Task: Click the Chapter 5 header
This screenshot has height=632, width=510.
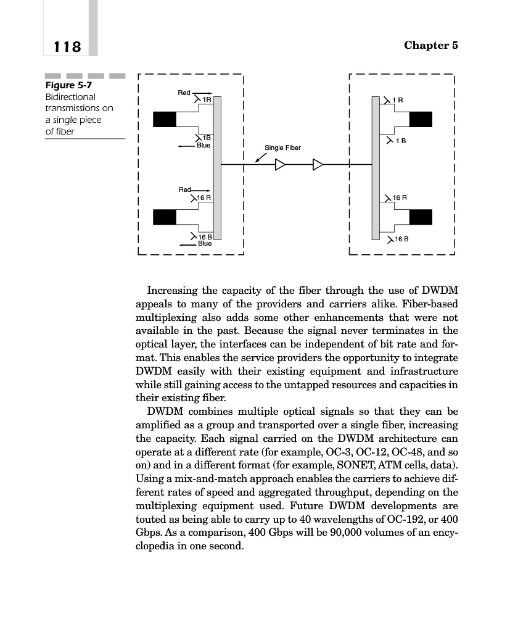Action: (431, 46)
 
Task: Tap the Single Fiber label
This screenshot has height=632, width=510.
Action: (282, 148)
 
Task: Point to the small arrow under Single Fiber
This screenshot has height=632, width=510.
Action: (261, 159)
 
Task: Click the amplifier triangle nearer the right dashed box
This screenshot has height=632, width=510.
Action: (318, 165)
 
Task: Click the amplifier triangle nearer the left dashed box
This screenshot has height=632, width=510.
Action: (281, 165)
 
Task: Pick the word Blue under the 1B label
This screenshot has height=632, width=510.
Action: (203, 146)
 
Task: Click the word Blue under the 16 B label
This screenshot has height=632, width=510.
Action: (204, 243)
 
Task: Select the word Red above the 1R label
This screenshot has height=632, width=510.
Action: (184, 93)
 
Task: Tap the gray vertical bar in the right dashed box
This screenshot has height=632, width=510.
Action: (376, 167)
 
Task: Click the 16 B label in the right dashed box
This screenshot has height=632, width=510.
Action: (401, 238)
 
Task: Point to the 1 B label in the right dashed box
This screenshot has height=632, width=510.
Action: (401, 141)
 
